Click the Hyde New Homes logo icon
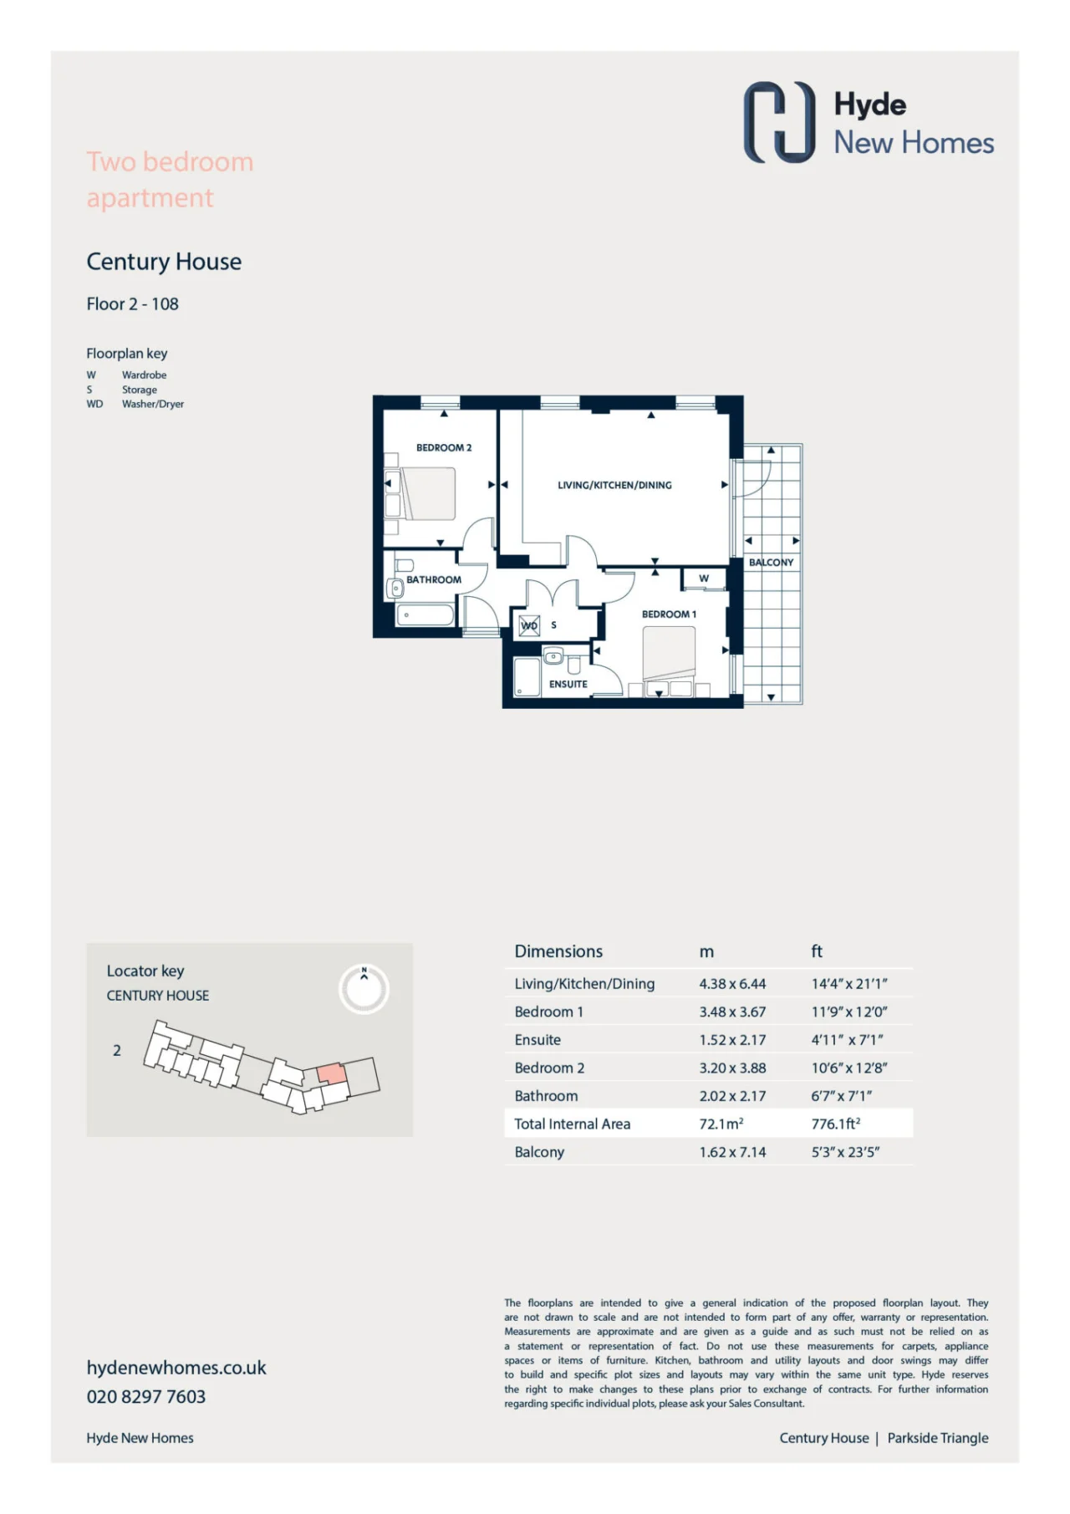[x=779, y=122]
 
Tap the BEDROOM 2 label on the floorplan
[x=444, y=448]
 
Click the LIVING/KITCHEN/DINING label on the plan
[x=614, y=485]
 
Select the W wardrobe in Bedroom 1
[x=704, y=579]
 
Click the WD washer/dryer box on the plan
[x=529, y=625]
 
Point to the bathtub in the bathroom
[x=424, y=614]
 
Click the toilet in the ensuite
[x=573, y=665]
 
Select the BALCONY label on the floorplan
[x=771, y=563]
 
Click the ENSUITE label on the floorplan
[x=568, y=684]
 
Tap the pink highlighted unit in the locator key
[x=331, y=1073]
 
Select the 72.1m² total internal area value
[x=721, y=1124]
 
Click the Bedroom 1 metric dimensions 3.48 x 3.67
[x=732, y=1012]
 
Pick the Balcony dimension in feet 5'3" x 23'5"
[x=845, y=1152]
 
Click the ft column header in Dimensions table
[x=817, y=951]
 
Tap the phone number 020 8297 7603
[x=146, y=1396]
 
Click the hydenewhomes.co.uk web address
[x=176, y=1368]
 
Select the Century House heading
[x=164, y=262]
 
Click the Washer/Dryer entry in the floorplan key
[x=153, y=404]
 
